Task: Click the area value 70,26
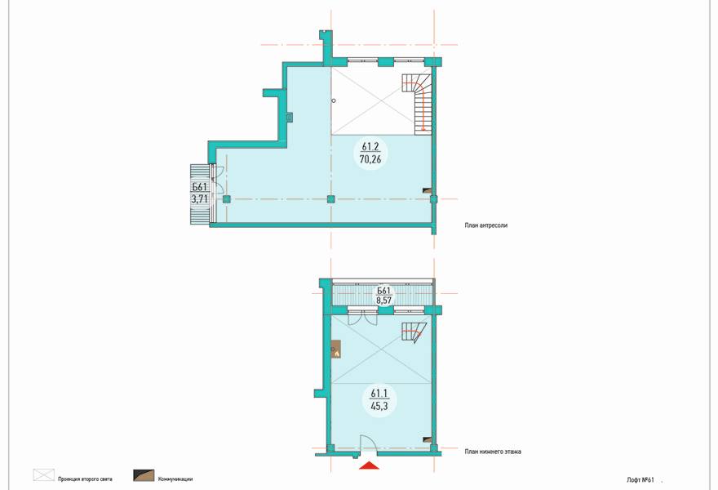(370, 159)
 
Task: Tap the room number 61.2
(370, 147)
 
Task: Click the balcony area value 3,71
(200, 199)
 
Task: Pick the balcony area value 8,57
(383, 301)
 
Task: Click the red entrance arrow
(369, 465)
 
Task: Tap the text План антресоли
(485, 225)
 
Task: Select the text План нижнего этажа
(493, 452)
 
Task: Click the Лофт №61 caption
(640, 480)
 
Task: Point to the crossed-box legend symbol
(43, 475)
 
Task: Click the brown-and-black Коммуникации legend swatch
(144, 475)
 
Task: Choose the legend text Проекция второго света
(85, 479)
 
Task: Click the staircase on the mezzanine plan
(419, 105)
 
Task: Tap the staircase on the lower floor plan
(414, 332)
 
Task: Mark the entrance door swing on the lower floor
(368, 443)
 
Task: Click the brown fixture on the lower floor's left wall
(336, 350)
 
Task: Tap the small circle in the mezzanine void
(335, 100)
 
